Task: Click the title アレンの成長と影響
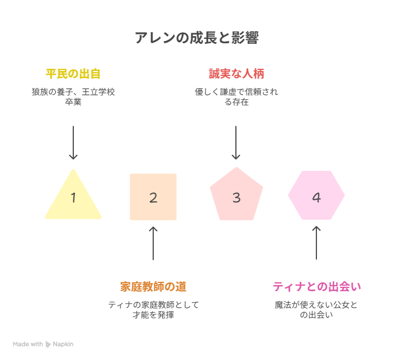pos(196,38)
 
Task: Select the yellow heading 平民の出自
pos(73,74)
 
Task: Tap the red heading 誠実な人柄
pos(236,74)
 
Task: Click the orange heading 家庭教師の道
pos(153,287)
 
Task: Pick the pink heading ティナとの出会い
pos(316,287)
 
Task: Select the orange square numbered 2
pos(153,197)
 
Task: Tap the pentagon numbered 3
pos(236,195)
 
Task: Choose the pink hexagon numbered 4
pos(316,195)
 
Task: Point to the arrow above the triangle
pos(73,143)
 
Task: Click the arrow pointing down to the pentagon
pos(236,143)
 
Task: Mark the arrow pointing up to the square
pos(153,244)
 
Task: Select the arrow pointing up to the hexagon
pos(316,242)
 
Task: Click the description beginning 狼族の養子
pos(73,97)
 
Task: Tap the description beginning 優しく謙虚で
pos(236,97)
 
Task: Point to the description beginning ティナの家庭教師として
pos(153,310)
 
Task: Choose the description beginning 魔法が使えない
pos(316,310)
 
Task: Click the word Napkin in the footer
pos(63,344)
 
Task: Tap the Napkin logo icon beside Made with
pos(48,344)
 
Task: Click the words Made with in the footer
pos(28,344)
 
